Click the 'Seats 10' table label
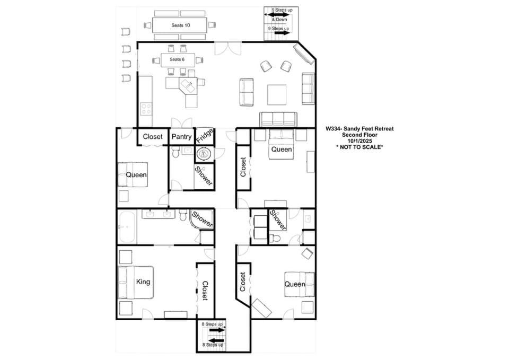tap(180, 25)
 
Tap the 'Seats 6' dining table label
tap(177, 59)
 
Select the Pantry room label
tap(181, 137)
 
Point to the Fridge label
tap(205, 136)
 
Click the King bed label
tap(143, 282)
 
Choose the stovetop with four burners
tap(146, 109)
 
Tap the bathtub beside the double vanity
tap(127, 226)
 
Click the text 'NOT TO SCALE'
tap(359, 147)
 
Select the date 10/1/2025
tap(359, 141)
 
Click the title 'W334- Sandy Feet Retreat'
tap(359, 128)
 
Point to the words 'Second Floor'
tap(359, 135)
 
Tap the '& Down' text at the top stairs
tap(279, 20)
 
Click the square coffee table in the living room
tap(277, 94)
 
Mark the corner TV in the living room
tap(304, 53)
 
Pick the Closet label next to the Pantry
tap(153, 137)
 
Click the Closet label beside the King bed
tap(205, 291)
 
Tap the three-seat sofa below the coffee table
tap(278, 119)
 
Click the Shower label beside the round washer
tap(204, 176)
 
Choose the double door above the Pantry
tap(182, 122)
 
